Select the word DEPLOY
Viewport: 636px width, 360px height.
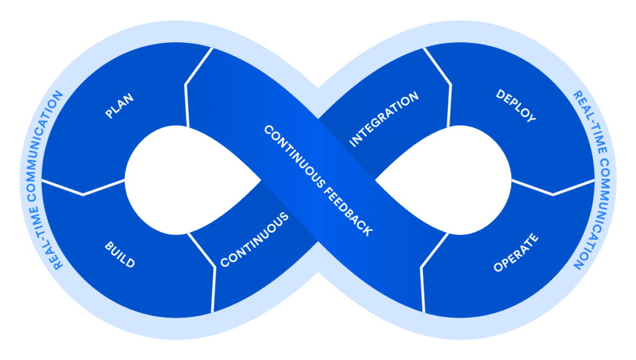[x=516, y=106]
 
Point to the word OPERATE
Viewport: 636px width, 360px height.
[x=516, y=253]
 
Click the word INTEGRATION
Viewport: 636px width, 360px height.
[x=384, y=120]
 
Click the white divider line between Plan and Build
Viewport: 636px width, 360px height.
[x=83, y=188]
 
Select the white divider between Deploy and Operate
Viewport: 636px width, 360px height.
[x=553, y=188]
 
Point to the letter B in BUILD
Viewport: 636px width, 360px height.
[x=108, y=247]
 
